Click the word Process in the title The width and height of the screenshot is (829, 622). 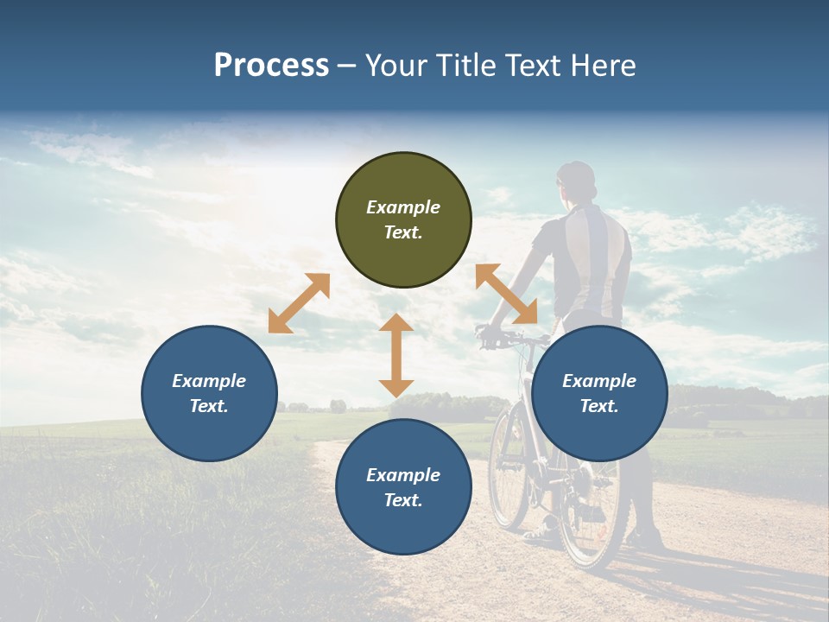[271, 66]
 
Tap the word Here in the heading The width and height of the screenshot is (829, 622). [603, 66]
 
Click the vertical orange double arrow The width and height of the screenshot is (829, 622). [396, 355]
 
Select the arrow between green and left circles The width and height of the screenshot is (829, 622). [299, 303]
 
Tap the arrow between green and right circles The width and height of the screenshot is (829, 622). [506, 294]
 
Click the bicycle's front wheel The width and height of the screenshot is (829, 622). [509, 466]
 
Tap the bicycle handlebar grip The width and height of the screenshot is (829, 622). [485, 332]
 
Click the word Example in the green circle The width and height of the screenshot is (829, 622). [403, 207]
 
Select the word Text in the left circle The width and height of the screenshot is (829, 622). [209, 406]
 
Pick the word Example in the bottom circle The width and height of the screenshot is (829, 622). [403, 475]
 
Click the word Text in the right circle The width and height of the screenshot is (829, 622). [599, 406]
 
